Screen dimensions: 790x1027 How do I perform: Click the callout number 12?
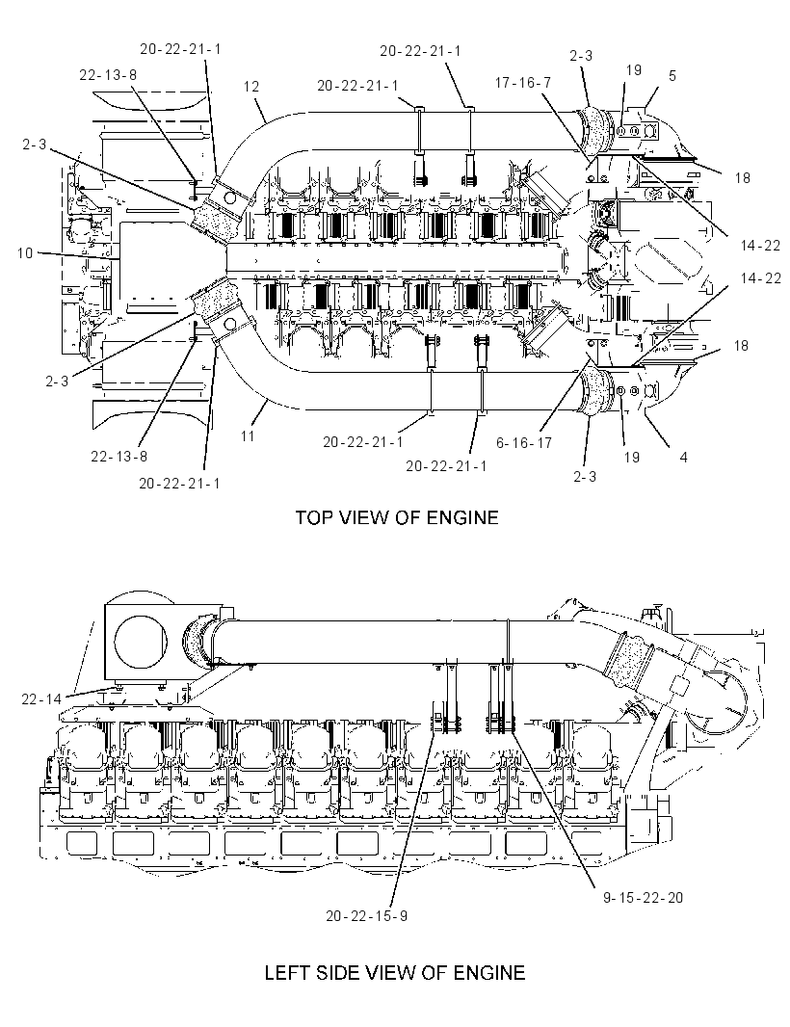point(250,87)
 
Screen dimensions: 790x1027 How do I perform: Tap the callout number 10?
point(25,252)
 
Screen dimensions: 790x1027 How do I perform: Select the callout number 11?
point(248,434)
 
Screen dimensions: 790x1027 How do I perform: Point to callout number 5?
point(672,76)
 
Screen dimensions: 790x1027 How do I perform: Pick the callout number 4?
point(683,458)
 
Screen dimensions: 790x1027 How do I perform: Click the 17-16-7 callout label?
point(523,83)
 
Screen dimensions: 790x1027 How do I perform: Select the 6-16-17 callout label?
point(524,443)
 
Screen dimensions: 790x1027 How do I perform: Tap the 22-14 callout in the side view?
point(42,699)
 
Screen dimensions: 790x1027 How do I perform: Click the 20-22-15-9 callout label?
point(367,915)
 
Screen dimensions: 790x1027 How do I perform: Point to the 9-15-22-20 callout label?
point(643,897)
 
